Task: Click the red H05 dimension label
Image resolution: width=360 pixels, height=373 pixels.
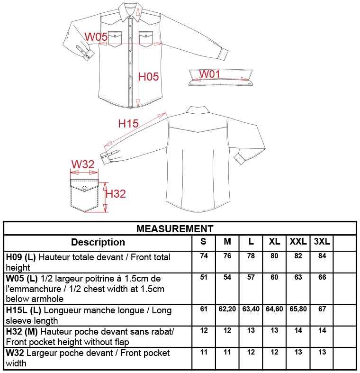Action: pyautogui.click(x=148, y=76)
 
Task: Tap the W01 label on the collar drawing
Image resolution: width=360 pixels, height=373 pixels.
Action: pyautogui.click(x=209, y=74)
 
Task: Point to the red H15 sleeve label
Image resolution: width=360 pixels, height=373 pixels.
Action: pyautogui.click(x=128, y=124)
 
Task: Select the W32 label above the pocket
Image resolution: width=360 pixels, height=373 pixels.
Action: pyautogui.click(x=82, y=164)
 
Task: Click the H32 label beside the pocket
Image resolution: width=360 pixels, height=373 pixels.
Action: pyautogui.click(x=116, y=193)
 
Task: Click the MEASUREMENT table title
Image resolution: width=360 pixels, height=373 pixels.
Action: pyautogui.click(x=175, y=229)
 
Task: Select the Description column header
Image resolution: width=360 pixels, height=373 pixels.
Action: pyautogui.click(x=98, y=242)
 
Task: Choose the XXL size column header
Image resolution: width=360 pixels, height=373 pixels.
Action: pyautogui.click(x=298, y=242)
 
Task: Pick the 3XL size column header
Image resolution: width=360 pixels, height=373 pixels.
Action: pyautogui.click(x=322, y=242)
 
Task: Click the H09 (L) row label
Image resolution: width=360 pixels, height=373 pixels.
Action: pyautogui.click(x=21, y=257)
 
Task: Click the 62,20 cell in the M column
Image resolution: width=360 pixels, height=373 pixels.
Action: pyautogui.click(x=227, y=309)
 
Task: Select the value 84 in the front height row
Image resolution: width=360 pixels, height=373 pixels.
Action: pyautogui.click(x=322, y=255)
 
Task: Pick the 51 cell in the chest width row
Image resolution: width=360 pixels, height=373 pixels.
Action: pyautogui.click(x=204, y=277)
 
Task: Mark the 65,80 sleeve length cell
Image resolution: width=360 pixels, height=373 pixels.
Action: pyautogui.click(x=298, y=309)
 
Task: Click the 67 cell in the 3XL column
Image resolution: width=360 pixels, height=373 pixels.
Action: pyautogui.click(x=322, y=309)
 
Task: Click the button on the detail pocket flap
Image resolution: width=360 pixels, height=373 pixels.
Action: pyautogui.click(x=84, y=188)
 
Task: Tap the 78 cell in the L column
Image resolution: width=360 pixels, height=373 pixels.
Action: pyautogui.click(x=251, y=255)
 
